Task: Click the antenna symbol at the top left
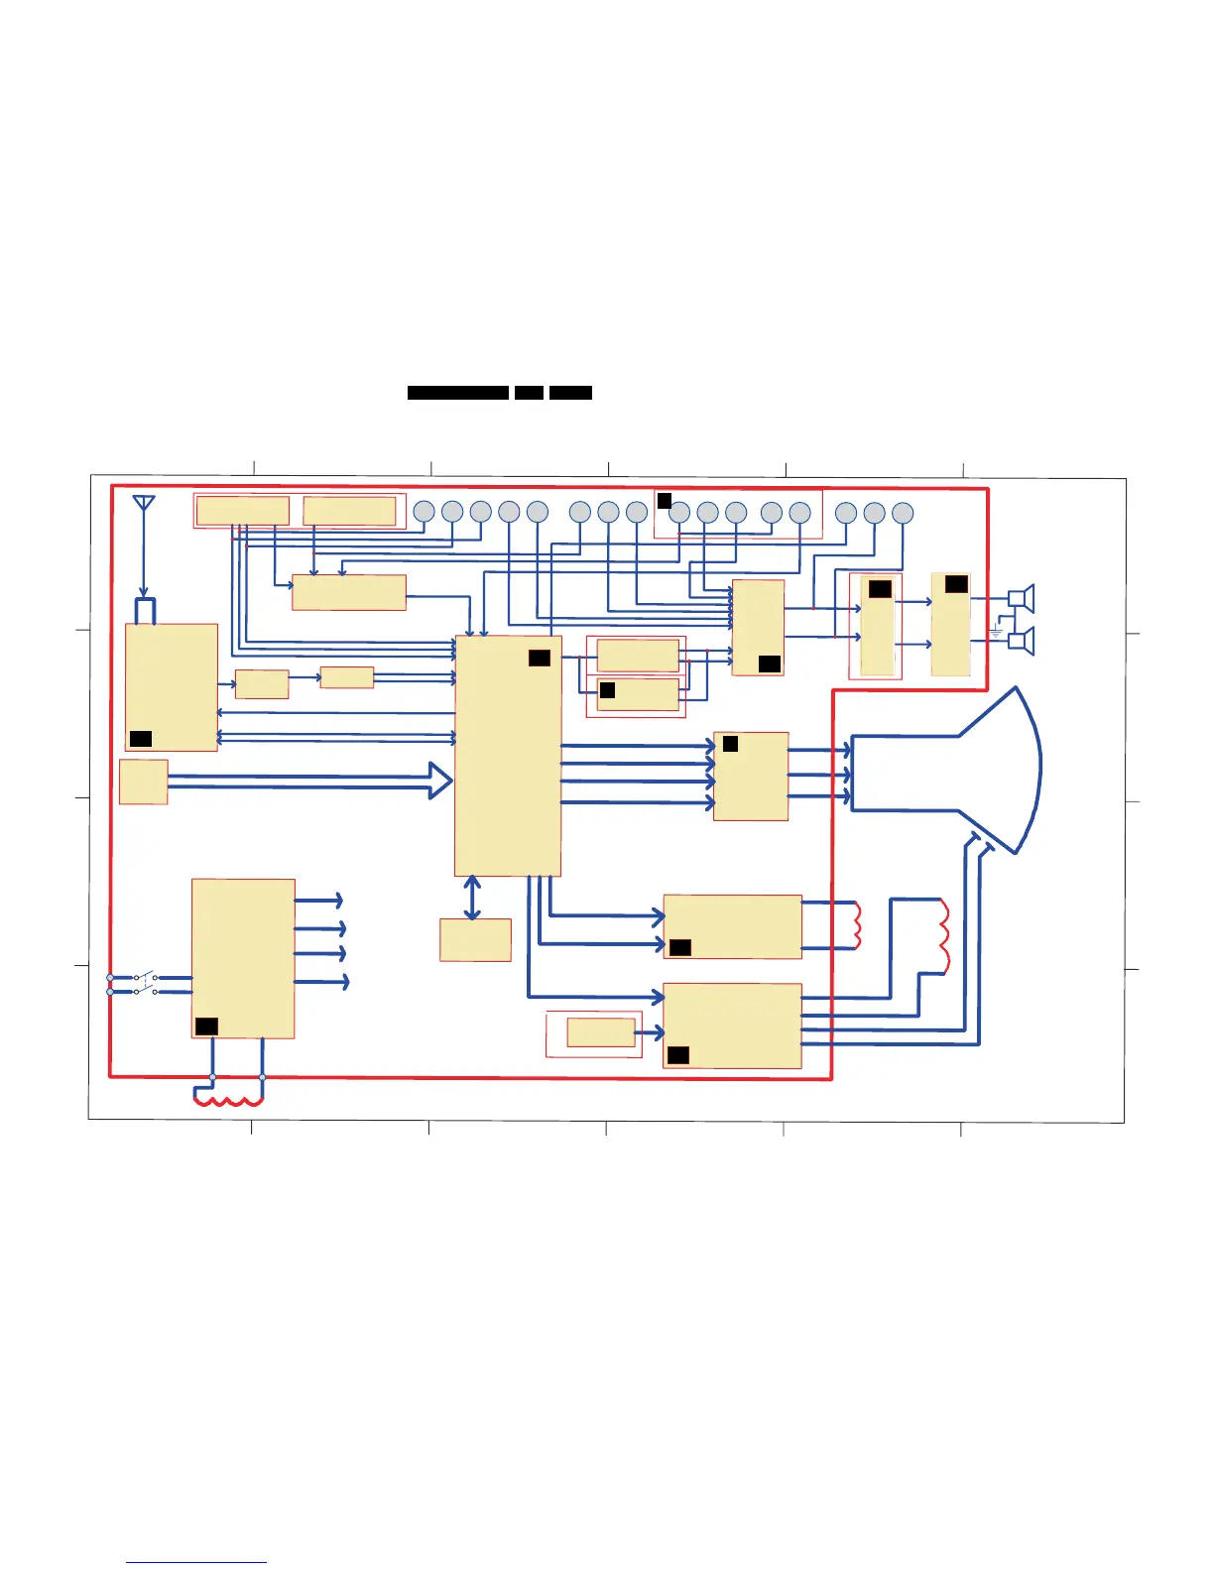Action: [x=144, y=503]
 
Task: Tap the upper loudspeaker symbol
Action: [x=1022, y=598]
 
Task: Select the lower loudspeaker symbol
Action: [x=1022, y=642]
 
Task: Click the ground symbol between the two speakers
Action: [x=995, y=631]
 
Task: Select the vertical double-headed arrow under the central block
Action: [x=472, y=898]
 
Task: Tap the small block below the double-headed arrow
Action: [x=475, y=939]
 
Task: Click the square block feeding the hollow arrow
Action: [x=143, y=782]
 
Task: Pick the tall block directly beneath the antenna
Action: [x=171, y=686]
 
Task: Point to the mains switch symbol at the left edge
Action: [x=146, y=984]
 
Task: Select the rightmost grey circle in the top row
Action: [x=902, y=513]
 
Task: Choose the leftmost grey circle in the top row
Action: [x=424, y=512]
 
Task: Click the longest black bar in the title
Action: [x=458, y=393]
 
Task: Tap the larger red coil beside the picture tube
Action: [x=942, y=934]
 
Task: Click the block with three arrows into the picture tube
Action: [x=751, y=777]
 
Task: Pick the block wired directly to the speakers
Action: [x=950, y=625]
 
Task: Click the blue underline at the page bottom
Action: [x=196, y=1563]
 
